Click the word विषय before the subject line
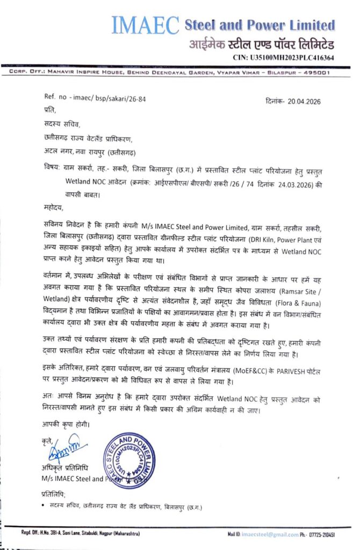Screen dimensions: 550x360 click(54, 168)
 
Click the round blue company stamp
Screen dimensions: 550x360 click(129, 460)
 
